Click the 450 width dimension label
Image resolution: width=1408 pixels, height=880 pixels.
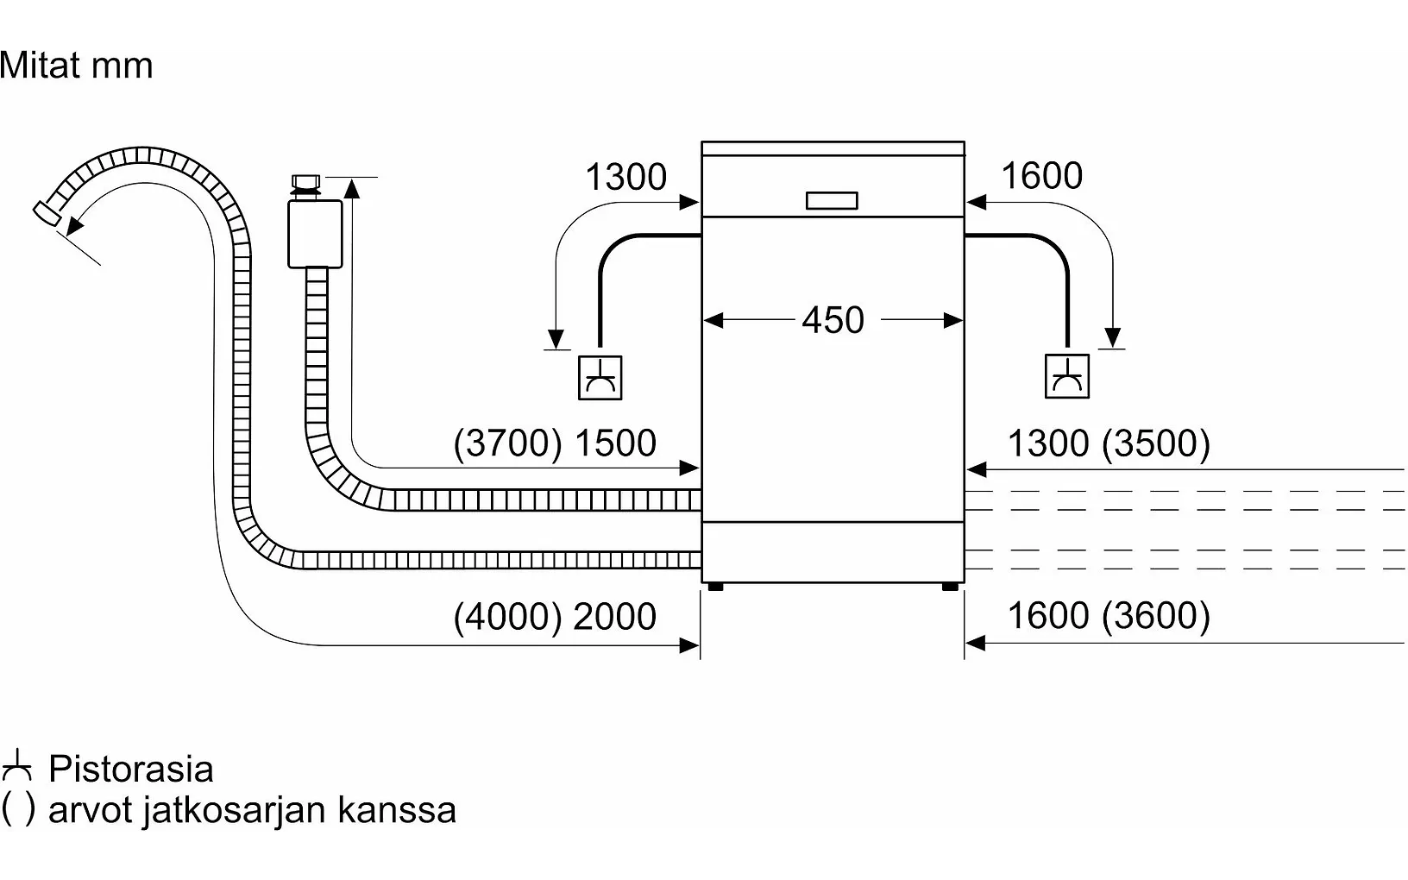pos(833,321)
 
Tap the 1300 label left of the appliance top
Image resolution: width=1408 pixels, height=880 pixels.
pos(625,178)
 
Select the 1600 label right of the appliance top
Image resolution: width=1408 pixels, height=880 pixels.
pos(1041,176)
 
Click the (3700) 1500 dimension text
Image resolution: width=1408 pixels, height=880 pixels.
pos(555,443)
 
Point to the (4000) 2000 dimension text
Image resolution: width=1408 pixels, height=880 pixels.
pos(555,617)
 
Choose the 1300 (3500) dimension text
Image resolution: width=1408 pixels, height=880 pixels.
pos(1109,443)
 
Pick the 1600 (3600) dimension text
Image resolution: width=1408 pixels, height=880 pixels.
pos(1109,616)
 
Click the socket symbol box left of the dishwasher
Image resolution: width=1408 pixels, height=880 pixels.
pos(600,377)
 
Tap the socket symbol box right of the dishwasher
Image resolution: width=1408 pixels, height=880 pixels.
pos(1067,376)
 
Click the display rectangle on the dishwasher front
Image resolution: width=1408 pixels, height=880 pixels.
pos(832,201)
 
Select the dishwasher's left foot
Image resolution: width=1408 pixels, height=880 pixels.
pos(714,587)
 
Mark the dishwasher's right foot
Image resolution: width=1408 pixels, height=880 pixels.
pos(950,587)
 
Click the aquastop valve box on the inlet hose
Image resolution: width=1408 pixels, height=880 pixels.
pos(315,234)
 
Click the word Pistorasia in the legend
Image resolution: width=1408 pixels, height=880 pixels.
pos(131,770)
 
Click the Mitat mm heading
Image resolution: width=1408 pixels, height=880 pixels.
pos(77,66)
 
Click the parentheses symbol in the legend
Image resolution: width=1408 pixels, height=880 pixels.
pos(18,809)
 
